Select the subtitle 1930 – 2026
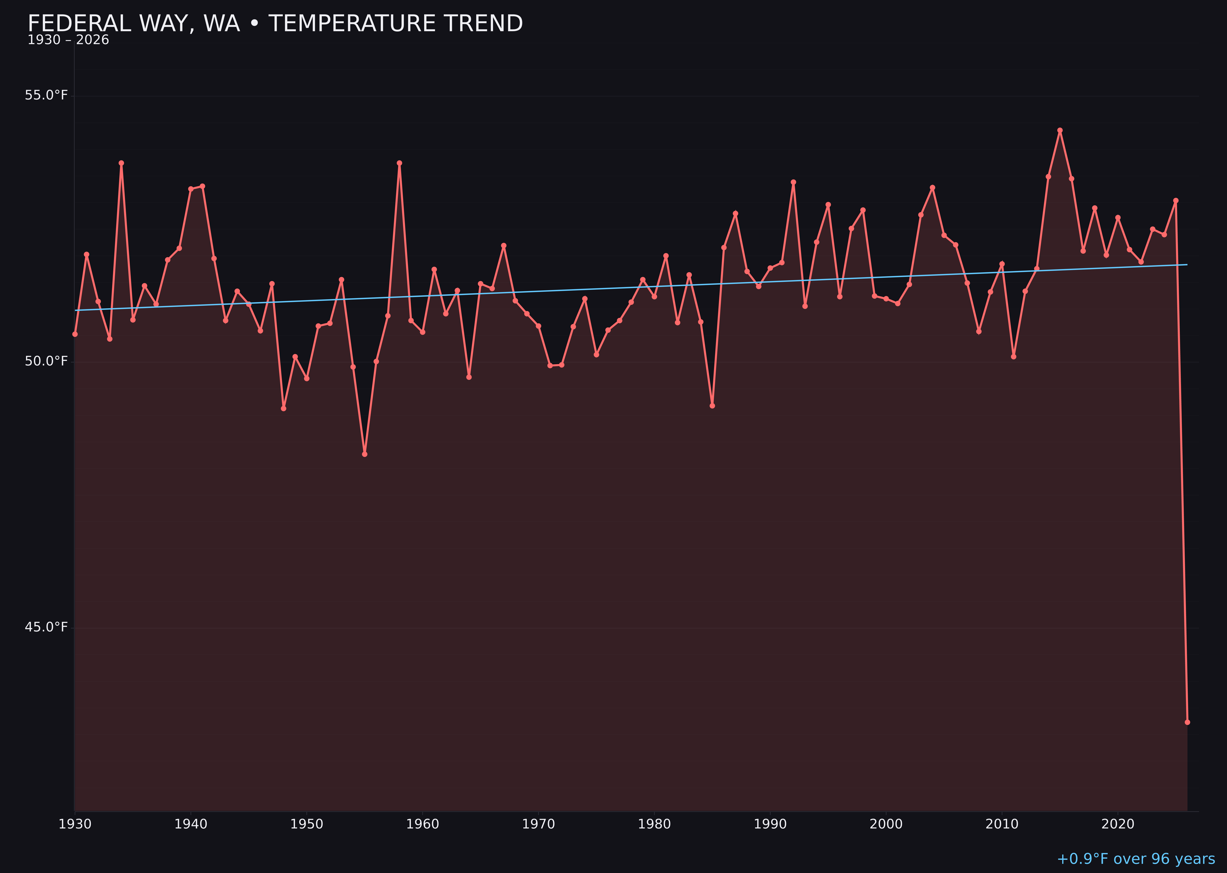tap(68, 40)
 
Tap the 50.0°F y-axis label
tap(46, 361)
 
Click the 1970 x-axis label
tap(538, 824)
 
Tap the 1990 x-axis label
tap(770, 824)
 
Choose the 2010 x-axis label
tap(1002, 824)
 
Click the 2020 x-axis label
tap(1118, 824)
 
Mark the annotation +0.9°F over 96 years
tap(1136, 859)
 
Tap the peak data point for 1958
tap(399, 163)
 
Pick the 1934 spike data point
tap(121, 163)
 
